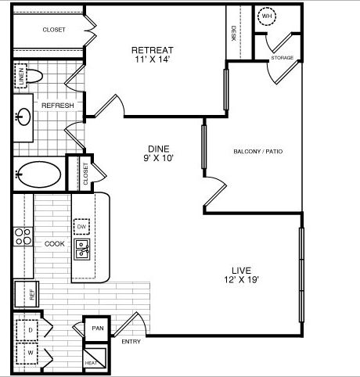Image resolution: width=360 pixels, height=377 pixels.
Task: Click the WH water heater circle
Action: coord(267,16)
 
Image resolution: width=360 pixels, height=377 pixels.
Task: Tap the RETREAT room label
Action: coord(153,50)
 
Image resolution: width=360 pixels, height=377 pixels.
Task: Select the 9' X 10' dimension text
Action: coord(159,158)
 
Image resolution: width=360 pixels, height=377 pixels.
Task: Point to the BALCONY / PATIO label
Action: coord(258,151)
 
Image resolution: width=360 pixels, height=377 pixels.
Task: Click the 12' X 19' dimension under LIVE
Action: coord(241,279)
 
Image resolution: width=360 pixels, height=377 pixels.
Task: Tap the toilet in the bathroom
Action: coord(34,77)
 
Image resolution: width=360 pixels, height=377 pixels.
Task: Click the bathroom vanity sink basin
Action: coord(23,117)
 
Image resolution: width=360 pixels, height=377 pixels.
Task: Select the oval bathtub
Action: coord(38,174)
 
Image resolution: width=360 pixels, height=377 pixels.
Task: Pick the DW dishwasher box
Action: coord(81,227)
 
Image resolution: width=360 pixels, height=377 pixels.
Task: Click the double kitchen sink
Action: coord(81,250)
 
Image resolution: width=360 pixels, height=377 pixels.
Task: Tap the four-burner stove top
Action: coord(23,236)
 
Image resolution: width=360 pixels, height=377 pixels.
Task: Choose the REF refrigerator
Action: coord(27,294)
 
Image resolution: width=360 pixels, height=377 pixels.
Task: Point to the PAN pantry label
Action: coord(98,329)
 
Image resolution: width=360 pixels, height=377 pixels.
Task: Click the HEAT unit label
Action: coord(91,363)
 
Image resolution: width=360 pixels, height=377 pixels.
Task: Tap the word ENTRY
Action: coord(131,342)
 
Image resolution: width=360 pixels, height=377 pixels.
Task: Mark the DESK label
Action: coord(233,33)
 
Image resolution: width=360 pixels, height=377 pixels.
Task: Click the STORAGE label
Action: coord(283,58)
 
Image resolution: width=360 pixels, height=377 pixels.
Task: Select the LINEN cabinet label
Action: coord(22,76)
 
